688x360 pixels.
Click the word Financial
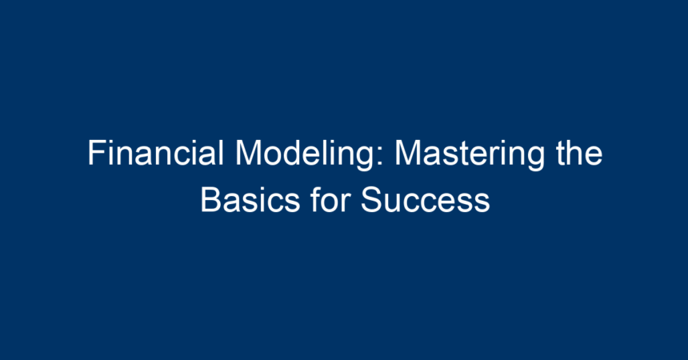coord(156,153)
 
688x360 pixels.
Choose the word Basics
coord(250,200)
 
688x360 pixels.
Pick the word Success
coord(425,200)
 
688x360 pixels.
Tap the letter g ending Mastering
coord(536,160)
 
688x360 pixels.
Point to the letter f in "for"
coord(315,200)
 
